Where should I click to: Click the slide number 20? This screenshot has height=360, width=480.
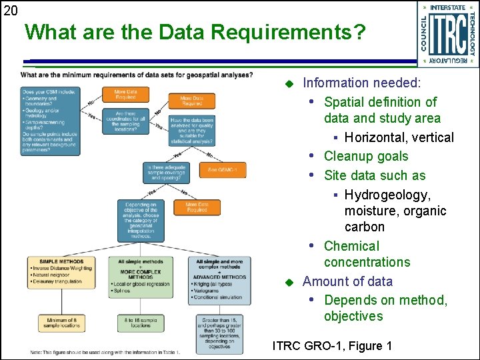(x=11, y=10)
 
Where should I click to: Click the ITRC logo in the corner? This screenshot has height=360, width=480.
(x=447, y=35)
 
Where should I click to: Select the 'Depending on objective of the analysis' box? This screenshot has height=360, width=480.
(x=141, y=220)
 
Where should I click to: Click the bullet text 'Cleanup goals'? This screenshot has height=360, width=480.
(x=365, y=157)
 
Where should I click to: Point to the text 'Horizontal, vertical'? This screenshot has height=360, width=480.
(x=399, y=138)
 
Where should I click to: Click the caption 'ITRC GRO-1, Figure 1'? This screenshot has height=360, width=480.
(x=332, y=346)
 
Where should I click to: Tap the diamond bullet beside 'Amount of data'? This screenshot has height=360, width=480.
(x=289, y=282)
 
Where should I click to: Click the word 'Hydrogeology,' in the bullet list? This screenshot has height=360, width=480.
(x=387, y=195)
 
